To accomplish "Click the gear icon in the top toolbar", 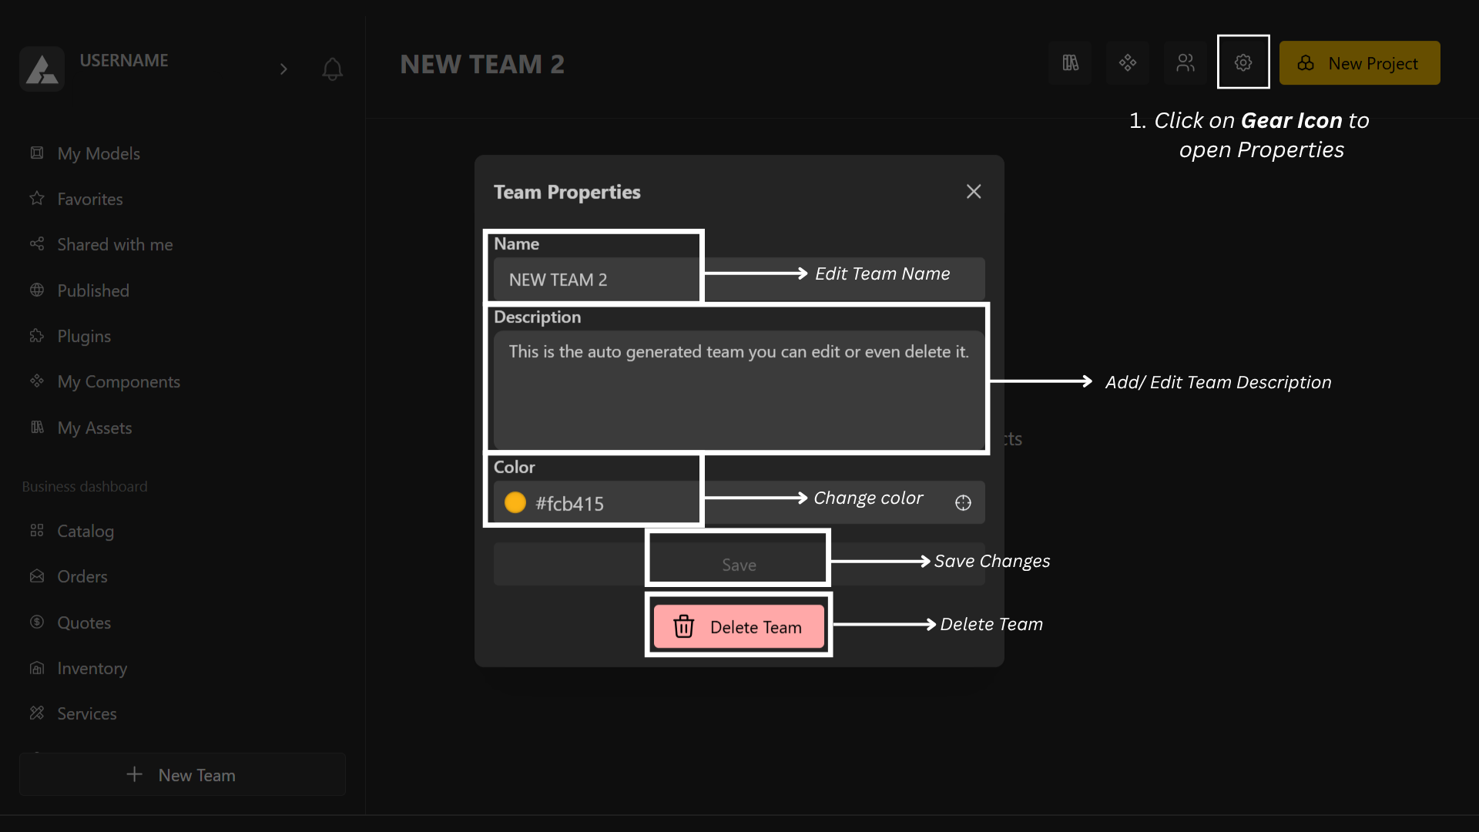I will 1243,62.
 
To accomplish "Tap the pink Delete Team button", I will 739,627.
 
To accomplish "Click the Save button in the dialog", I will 739,565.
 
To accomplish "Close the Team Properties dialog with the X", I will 974,192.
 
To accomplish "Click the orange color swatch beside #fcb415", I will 515,503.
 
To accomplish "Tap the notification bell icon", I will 332,69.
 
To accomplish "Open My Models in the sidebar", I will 99,153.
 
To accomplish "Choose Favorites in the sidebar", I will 90,199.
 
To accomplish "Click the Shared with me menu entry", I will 115,244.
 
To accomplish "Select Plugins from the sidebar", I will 84,336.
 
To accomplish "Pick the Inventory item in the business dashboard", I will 92,668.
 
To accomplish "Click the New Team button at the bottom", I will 183,775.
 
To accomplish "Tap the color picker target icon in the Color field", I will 963,503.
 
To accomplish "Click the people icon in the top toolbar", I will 1186,62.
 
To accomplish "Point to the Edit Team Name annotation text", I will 882,273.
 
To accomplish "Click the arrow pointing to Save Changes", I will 880,562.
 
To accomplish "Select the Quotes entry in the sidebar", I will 84,622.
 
